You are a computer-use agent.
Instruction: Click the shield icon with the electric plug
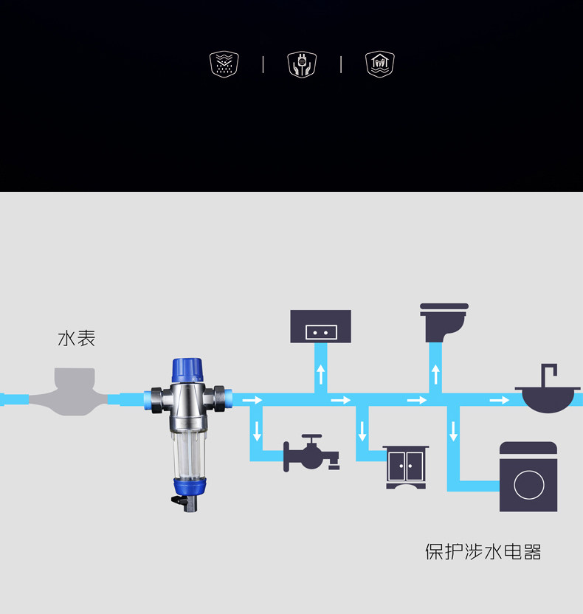[x=302, y=64]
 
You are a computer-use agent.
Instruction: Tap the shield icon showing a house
[x=380, y=64]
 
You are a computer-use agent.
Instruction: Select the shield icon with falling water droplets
[x=224, y=64]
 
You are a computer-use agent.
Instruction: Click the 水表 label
[x=77, y=339]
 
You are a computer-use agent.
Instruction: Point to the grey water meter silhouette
[x=75, y=389]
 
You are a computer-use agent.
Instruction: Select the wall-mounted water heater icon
[x=320, y=326]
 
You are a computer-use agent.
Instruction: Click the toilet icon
[x=444, y=321]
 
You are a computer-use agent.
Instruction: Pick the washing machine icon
[x=528, y=477]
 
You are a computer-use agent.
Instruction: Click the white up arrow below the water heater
[x=321, y=373]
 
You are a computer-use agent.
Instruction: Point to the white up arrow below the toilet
[x=436, y=373]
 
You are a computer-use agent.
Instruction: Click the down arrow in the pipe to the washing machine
[x=453, y=431]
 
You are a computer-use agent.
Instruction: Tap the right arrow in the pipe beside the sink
[x=499, y=400]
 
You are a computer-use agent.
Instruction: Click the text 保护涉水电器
[x=483, y=552]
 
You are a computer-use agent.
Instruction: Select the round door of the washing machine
[x=528, y=485]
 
